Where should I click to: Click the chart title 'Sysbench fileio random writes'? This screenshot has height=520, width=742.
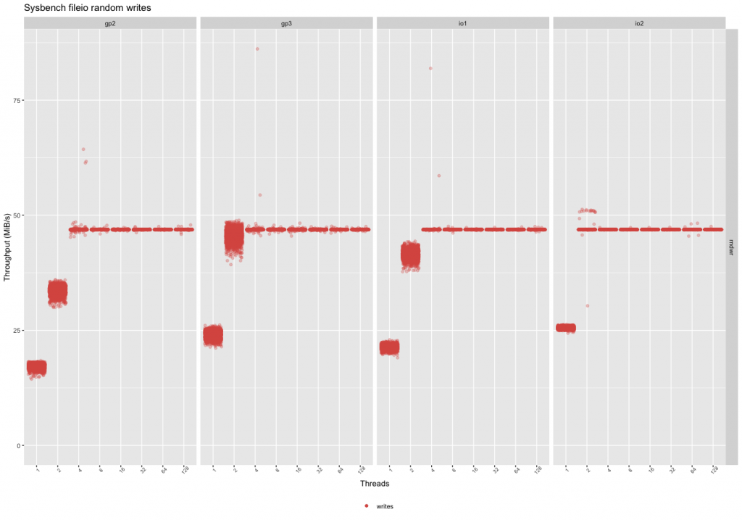coord(88,8)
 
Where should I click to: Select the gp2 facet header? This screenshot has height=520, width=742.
coord(110,23)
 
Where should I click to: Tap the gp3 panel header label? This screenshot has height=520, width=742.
coord(287,23)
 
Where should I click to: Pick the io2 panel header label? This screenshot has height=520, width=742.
coord(638,23)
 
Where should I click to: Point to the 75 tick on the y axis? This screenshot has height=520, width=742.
coord(16,100)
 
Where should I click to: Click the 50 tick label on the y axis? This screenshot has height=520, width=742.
coord(16,215)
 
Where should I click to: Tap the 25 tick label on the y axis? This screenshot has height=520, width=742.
coord(16,330)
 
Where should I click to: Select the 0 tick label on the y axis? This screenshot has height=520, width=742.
coord(18,445)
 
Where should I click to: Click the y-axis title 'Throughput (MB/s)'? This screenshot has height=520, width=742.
coord(7,247)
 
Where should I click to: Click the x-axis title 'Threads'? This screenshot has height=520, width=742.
coord(375,483)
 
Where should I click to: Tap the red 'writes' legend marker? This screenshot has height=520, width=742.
coord(367,505)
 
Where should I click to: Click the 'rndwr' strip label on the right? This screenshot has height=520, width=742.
coord(731,247)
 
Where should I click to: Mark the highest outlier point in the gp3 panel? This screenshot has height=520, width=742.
coord(257,49)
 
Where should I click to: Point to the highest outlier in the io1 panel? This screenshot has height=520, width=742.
coord(430,68)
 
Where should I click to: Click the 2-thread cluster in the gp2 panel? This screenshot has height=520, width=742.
coord(57,292)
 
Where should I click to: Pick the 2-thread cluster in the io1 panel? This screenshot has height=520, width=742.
coord(410,256)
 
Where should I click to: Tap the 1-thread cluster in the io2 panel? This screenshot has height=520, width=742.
coord(566,328)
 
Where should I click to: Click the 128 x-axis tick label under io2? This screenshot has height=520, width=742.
coord(715,470)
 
